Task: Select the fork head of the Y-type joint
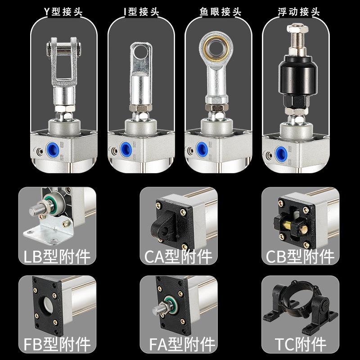63,61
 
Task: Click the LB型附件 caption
55,257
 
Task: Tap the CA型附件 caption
178,257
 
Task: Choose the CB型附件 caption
300,257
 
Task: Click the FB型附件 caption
55,345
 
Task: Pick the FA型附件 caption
178,345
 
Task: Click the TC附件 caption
300,345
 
